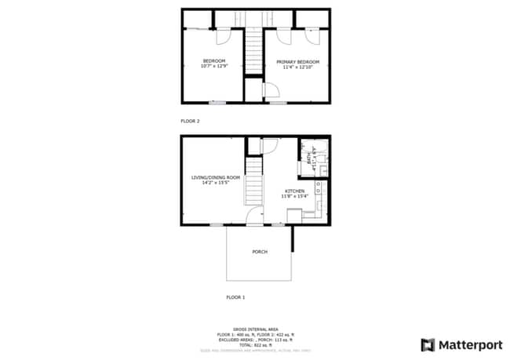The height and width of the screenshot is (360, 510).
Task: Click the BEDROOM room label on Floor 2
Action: tap(213, 60)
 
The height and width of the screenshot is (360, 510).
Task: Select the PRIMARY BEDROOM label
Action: tap(297, 60)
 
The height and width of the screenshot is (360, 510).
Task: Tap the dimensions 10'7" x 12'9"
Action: tap(213, 67)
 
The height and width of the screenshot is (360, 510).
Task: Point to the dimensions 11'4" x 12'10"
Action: tap(297, 67)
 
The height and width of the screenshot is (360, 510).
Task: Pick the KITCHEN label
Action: tap(295, 191)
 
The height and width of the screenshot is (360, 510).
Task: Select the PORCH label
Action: tap(259, 252)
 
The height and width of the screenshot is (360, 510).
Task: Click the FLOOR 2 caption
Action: tap(191, 122)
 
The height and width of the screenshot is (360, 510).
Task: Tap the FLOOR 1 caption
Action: tap(235, 298)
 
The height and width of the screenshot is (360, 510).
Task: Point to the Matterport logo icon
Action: tap(428, 344)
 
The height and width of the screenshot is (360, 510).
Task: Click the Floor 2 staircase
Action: tap(253, 50)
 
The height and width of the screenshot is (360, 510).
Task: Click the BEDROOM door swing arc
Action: tap(222, 35)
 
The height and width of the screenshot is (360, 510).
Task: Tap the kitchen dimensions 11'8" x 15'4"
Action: tap(295, 198)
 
